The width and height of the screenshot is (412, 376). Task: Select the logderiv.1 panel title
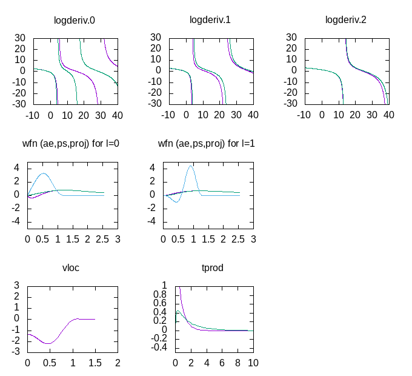click(x=210, y=20)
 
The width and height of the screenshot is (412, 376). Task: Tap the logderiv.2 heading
click(x=346, y=20)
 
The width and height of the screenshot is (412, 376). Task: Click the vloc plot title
click(x=71, y=267)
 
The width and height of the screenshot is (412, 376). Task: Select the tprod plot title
click(x=213, y=267)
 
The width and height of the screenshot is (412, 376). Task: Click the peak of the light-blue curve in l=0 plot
click(x=43, y=173)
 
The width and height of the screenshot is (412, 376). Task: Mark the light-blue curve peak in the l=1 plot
click(x=191, y=166)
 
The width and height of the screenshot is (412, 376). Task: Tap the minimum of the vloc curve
click(x=48, y=343)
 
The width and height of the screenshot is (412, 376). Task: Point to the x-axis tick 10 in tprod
click(x=253, y=363)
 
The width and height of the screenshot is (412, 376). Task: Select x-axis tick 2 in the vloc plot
click(x=118, y=363)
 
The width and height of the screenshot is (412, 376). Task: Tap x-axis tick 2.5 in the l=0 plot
click(x=102, y=239)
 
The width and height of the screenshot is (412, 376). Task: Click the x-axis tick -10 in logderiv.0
click(x=32, y=115)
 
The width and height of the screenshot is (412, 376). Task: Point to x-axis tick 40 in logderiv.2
click(x=388, y=115)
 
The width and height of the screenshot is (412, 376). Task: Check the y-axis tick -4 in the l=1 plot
click(x=153, y=221)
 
